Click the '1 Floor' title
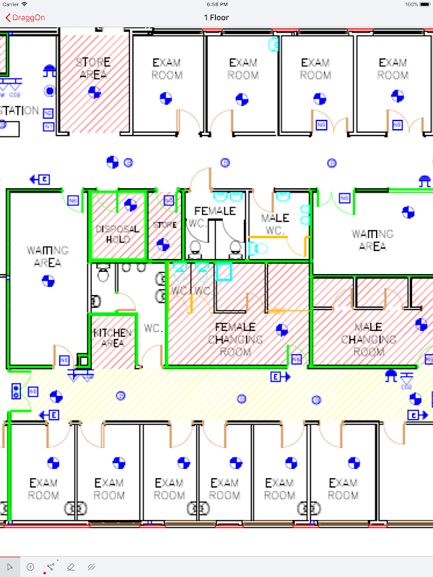click(216, 17)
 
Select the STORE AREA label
click(93, 68)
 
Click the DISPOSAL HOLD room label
click(118, 234)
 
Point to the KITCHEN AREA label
click(113, 338)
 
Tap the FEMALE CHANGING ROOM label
click(235, 339)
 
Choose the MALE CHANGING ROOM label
click(368, 339)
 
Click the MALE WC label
click(275, 224)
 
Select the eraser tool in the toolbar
click(71, 567)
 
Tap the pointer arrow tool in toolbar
click(10, 567)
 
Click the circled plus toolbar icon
click(30, 567)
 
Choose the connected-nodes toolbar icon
click(50, 567)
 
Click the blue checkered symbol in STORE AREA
click(94, 92)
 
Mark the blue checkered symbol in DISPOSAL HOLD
click(130, 206)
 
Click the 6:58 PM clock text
click(216, 4)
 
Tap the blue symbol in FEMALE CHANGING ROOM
click(282, 330)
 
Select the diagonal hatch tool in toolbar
click(91, 567)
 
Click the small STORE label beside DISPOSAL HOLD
click(165, 225)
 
